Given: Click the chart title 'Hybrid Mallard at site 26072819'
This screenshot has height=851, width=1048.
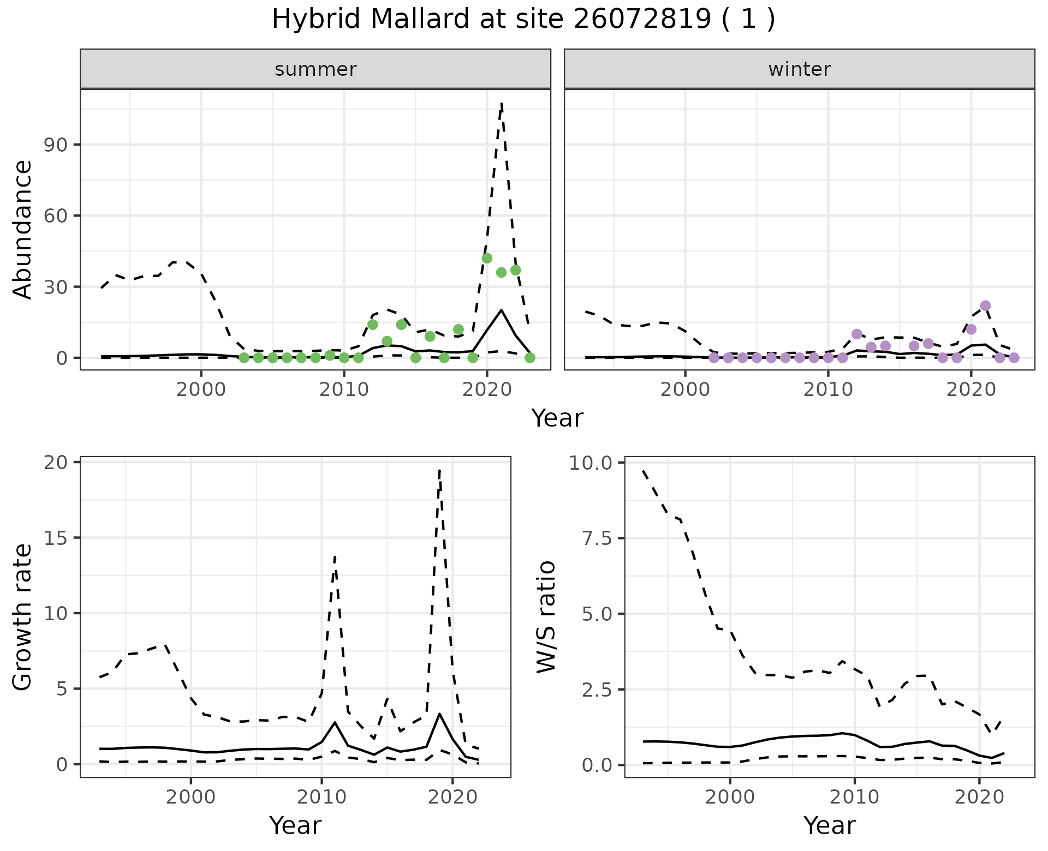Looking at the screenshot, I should pyautogui.click(x=523, y=20).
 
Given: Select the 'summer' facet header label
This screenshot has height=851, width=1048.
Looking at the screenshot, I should pyautogui.click(x=315, y=69).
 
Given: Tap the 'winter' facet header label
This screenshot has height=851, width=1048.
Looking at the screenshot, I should pyautogui.click(x=799, y=69).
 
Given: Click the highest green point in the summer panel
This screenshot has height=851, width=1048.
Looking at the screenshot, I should pyautogui.click(x=487, y=258).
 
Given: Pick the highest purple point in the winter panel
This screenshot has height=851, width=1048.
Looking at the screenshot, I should pyautogui.click(x=985, y=305).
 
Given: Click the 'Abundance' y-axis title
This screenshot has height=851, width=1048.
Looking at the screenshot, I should pyautogui.click(x=23, y=230).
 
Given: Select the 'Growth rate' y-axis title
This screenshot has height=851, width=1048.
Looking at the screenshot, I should pyautogui.click(x=23, y=617).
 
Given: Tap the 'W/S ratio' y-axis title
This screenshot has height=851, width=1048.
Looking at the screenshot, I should pyautogui.click(x=546, y=617).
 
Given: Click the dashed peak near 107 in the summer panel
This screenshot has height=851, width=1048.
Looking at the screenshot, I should pyautogui.click(x=501, y=104).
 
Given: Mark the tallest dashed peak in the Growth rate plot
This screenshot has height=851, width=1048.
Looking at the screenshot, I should pyautogui.click(x=439, y=470).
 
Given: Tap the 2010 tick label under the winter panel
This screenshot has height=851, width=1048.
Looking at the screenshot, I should pyautogui.click(x=828, y=391).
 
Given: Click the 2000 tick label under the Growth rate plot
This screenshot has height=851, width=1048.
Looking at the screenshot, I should pyautogui.click(x=190, y=798).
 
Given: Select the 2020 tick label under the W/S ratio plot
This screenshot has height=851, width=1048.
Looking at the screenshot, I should pyautogui.click(x=979, y=798).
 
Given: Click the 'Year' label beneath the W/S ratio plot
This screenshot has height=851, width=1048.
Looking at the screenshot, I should pyautogui.click(x=829, y=825).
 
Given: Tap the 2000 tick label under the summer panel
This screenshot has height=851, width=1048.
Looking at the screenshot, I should pyautogui.click(x=201, y=391).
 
